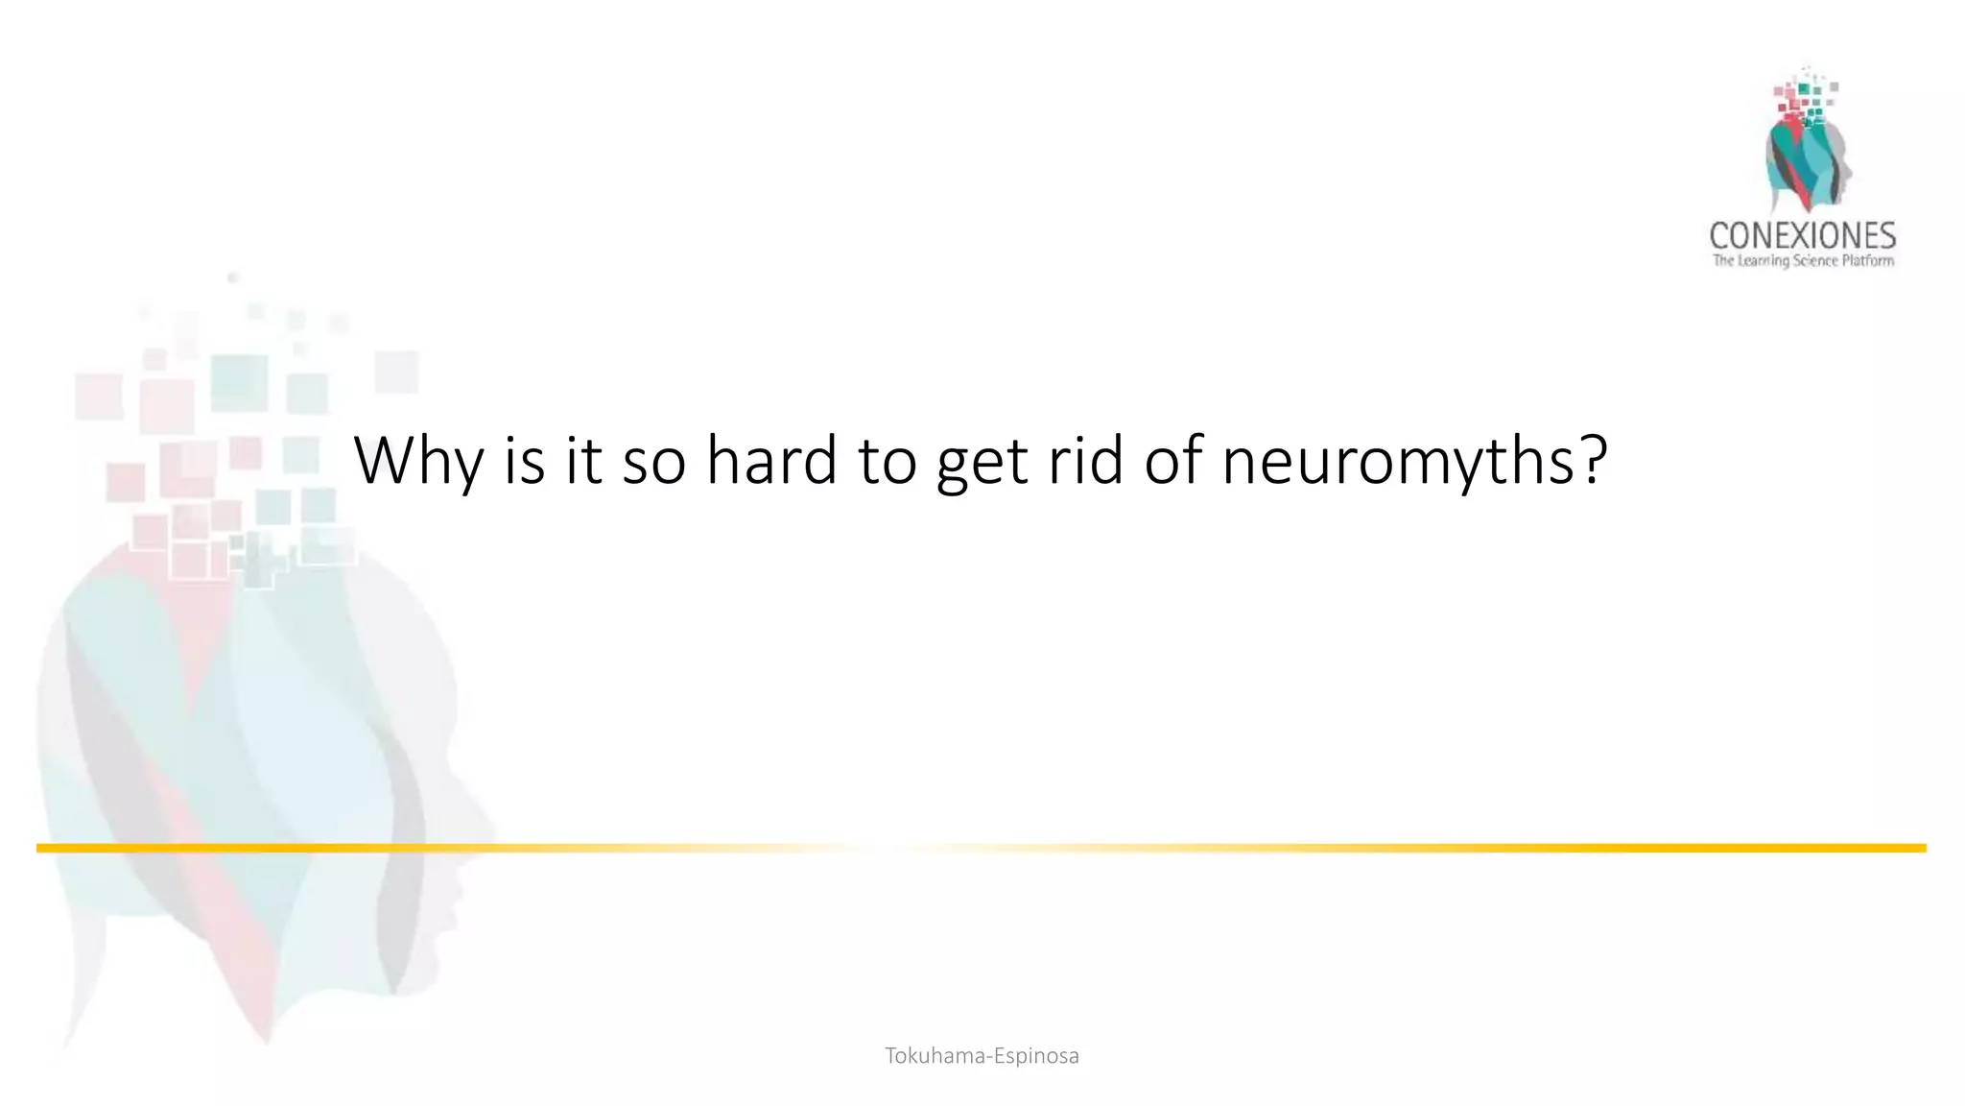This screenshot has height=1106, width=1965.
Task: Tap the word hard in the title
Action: click(770, 461)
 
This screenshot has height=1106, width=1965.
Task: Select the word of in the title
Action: click(1172, 461)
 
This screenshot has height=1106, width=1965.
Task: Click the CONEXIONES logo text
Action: click(1802, 235)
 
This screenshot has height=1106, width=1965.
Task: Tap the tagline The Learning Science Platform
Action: click(1803, 261)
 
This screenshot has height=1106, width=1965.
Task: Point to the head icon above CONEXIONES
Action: click(1806, 144)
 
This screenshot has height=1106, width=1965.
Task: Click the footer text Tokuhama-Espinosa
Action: click(982, 1056)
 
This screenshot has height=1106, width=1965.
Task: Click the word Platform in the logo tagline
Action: click(1868, 261)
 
